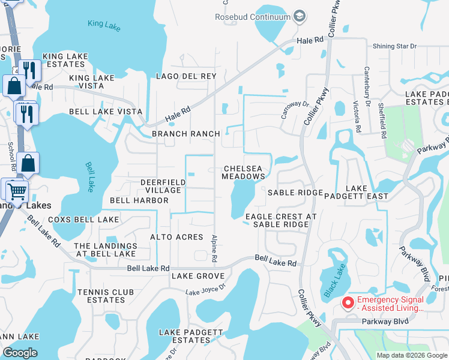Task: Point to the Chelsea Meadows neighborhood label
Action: (x=243, y=173)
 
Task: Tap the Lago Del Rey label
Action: (x=185, y=76)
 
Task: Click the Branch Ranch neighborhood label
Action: (x=185, y=133)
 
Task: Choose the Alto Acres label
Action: (x=176, y=237)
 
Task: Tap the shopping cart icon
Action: (x=17, y=191)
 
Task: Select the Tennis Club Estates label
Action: (x=101, y=296)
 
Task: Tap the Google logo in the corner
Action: (x=20, y=352)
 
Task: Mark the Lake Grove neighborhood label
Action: (x=197, y=276)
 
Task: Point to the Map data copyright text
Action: (x=411, y=355)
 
